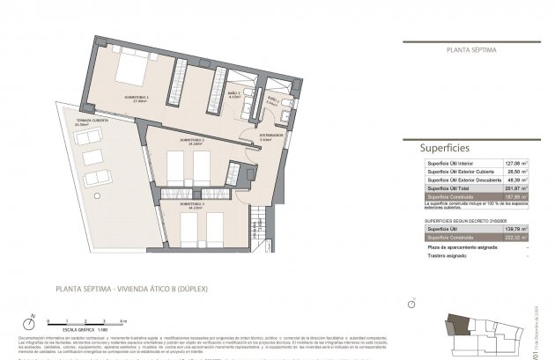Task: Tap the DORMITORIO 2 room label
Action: (x=192, y=142)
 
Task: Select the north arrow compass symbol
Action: (x=30, y=321)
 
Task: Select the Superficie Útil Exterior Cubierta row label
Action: (x=458, y=173)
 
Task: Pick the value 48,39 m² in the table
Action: (x=513, y=180)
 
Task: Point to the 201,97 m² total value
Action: (x=513, y=189)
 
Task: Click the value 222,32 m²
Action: (x=513, y=236)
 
